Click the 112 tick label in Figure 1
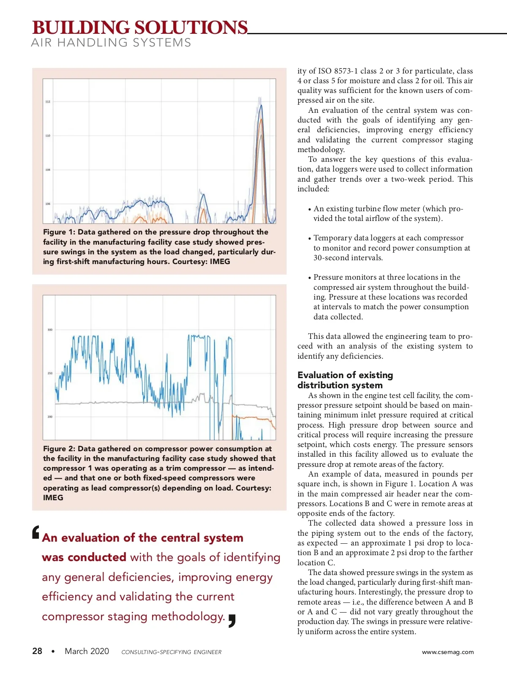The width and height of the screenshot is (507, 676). tap(48, 102)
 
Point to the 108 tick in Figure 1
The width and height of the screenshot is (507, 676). tap(48, 170)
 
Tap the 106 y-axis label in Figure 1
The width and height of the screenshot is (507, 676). tap(48, 204)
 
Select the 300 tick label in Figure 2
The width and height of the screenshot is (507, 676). tap(50, 330)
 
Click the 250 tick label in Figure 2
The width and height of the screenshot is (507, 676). tap(50, 373)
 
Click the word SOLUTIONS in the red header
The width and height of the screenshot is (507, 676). tap(191, 28)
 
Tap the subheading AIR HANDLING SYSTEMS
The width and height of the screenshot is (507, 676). tap(111, 43)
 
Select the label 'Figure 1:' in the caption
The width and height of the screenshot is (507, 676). tap(59, 232)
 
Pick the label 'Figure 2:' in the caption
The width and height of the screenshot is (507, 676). tap(59, 449)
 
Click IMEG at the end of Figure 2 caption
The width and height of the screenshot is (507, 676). tap(53, 498)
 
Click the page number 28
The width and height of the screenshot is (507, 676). tap(37, 651)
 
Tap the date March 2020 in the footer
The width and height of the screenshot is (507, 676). tap(87, 651)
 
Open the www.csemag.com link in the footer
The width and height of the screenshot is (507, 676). tap(448, 652)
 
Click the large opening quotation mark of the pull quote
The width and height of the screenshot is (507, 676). tap(36, 532)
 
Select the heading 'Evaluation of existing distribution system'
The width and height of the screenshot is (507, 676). tap(345, 380)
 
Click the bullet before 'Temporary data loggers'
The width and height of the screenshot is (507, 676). tap(310, 239)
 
